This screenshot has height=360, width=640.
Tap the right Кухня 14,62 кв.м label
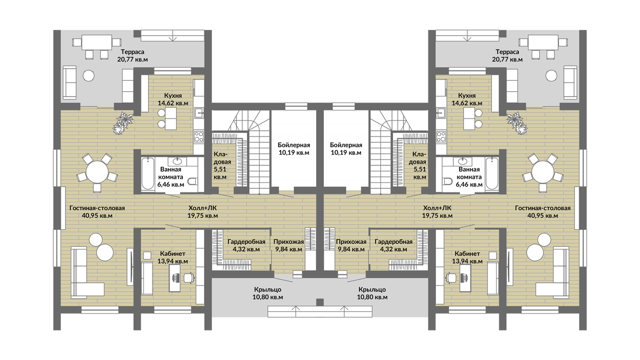467,99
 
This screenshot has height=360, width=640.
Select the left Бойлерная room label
294,149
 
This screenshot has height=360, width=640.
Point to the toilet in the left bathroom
193,181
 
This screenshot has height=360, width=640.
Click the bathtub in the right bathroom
492,173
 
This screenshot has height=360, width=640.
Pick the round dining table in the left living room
97,171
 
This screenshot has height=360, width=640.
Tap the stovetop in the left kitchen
199,137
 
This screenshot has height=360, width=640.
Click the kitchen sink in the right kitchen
441,113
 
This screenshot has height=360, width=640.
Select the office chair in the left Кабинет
189,277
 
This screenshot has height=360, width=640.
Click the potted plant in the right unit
517,123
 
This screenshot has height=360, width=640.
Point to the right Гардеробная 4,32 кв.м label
394,245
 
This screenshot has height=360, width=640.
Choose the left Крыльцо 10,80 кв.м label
268,293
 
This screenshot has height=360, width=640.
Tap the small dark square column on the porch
320,302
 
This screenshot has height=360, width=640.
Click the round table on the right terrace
551,76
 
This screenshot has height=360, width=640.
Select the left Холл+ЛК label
203,212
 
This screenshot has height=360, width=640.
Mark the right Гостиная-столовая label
542,212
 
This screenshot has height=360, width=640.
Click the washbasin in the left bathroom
177,161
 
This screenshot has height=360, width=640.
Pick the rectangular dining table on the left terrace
97,43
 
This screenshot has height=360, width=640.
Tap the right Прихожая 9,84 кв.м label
351,245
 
